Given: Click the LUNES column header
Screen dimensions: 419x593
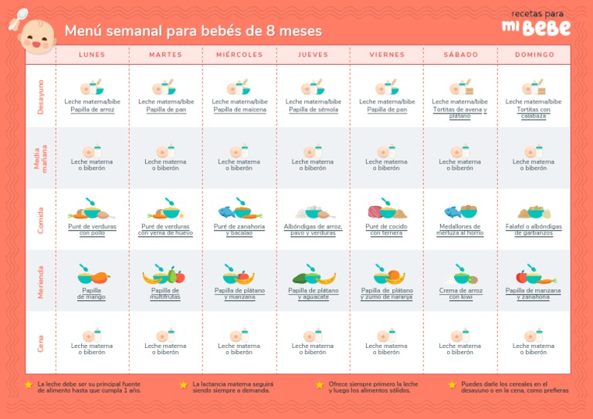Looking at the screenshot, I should [x=92, y=55].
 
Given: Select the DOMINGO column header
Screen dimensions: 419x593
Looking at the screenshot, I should [x=534, y=55].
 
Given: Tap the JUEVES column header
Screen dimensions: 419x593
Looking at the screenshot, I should [x=313, y=55].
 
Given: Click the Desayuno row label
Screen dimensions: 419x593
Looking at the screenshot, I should [x=41, y=96].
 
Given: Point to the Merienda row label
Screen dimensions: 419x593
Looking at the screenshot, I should [x=41, y=281].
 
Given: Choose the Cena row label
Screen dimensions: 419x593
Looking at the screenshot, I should [x=41, y=343].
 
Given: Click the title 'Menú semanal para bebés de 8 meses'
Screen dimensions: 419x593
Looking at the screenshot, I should [x=193, y=32].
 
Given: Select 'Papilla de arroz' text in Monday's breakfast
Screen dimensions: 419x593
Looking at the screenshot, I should [x=92, y=110].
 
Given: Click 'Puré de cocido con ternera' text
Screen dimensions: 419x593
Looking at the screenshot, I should [x=386, y=229].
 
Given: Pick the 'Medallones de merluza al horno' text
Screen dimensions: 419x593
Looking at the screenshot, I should [x=459, y=229].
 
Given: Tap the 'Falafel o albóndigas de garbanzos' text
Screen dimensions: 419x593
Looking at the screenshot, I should [x=534, y=229].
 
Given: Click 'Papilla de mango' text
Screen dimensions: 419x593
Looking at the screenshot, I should [x=92, y=294].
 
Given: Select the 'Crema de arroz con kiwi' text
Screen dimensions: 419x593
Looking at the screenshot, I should [x=459, y=293].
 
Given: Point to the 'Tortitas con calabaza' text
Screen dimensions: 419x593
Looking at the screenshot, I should [x=534, y=113].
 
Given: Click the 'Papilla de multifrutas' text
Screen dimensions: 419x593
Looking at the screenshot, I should [x=165, y=293].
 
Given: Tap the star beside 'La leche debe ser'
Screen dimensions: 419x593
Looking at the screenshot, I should [x=29, y=384].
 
